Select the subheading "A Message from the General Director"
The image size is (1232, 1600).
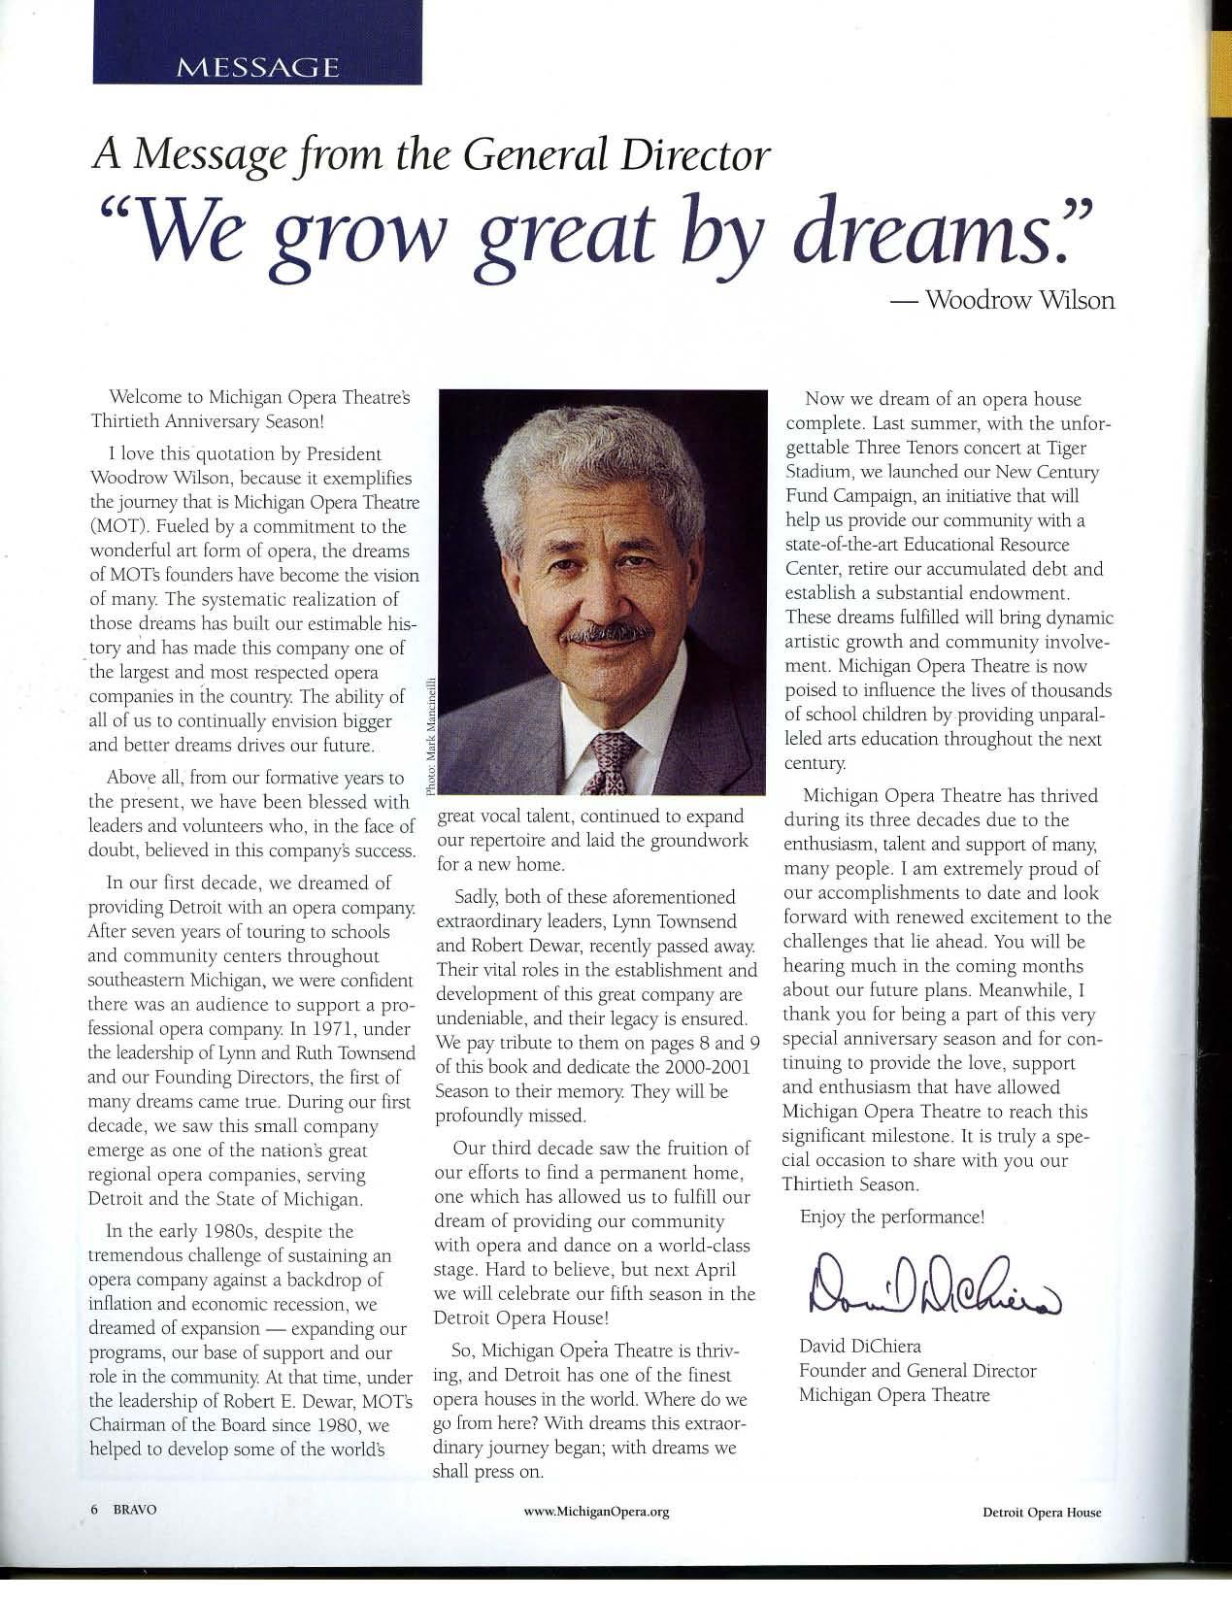tap(432, 157)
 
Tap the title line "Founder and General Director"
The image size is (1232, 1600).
tap(916, 1371)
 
